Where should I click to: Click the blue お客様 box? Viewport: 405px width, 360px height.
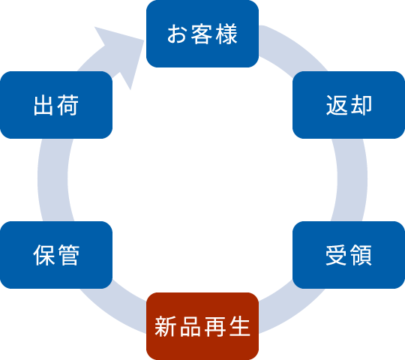pos(202,34)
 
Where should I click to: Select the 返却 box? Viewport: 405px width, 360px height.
pos(349,105)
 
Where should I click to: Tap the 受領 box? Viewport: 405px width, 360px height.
pos(349,255)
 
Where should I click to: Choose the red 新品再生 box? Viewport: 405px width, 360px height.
pos(202,326)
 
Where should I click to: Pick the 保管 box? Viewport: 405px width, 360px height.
pos(56,255)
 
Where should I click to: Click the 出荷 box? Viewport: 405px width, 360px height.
pos(56,105)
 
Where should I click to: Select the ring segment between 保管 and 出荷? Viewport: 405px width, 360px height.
pos(53,180)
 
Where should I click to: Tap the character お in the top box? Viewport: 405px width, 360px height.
pos(177,34)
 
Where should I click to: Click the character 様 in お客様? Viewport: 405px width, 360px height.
pos(227,34)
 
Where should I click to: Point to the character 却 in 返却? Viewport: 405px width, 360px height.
pos(361,105)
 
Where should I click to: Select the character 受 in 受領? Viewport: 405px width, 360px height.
pos(336,255)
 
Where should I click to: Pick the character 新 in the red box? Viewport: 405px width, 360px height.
pos(165,326)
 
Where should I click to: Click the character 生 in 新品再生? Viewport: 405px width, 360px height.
pos(240,326)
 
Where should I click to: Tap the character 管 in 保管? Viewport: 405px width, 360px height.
pos(69,255)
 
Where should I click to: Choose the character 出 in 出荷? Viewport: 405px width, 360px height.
pos(43,105)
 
